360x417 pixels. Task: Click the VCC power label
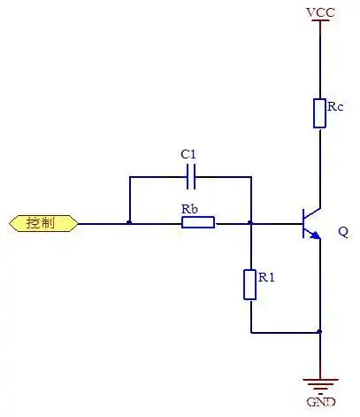click(x=320, y=12)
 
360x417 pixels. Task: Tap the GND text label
click(x=321, y=402)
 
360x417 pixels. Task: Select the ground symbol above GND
click(x=320, y=386)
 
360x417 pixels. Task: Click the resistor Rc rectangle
click(x=319, y=113)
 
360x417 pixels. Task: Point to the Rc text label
click(x=335, y=106)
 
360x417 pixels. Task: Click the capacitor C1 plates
click(x=191, y=177)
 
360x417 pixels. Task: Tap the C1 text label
click(x=188, y=154)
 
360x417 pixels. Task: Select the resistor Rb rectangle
click(x=198, y=222)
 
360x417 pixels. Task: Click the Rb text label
click(x=189, y=209)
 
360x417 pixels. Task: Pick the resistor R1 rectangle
click(x=249, y=284)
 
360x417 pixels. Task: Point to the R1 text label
click(x=266, y=277)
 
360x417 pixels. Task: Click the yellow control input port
click(x=43, y=223)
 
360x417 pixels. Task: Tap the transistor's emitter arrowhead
click(x=315, y=235)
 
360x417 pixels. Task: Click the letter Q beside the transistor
click(x=343, y=232)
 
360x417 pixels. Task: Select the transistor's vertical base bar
click(x=303, y=223)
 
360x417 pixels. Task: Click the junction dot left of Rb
click(x=129, y=222)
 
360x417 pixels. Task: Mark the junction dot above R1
click(x=250, y=222)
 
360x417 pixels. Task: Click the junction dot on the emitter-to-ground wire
click(x=320, y=332)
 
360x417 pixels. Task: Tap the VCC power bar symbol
click(x=320, y=20)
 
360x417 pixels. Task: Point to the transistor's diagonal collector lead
click(x=312, y=214)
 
